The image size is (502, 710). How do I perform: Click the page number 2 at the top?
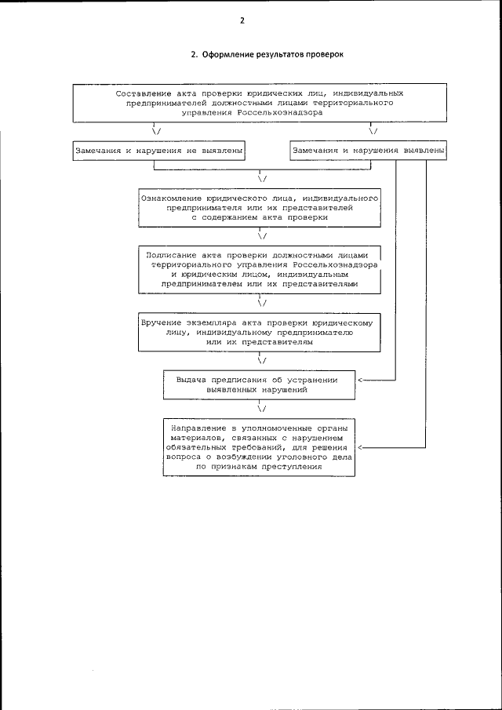tap(242, 21)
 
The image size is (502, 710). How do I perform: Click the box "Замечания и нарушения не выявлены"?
tap(159, 149)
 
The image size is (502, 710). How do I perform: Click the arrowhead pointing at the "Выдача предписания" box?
tap(362, 380)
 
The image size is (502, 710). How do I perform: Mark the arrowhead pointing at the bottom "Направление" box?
tap(362, 447)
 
